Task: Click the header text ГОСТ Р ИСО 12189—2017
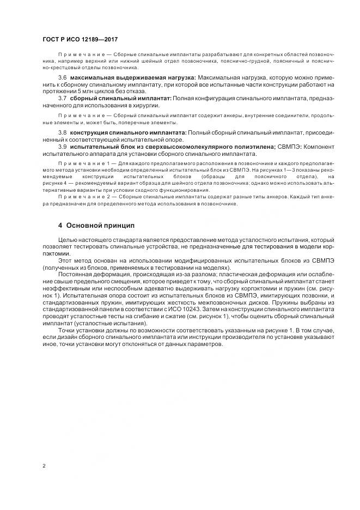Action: [x=80, y=40]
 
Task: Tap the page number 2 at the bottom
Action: [x=44, y=466]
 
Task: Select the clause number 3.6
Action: [x=62, y=78]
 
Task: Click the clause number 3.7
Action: [x=62, y=99]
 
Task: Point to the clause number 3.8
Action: [x=62, y=133]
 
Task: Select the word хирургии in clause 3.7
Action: [x=146, y=105]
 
